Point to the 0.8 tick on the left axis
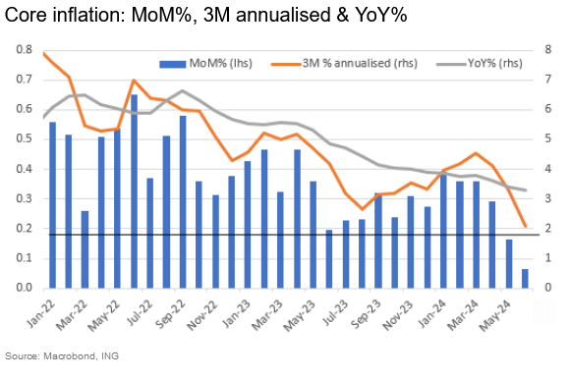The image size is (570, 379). [x=21, y=49]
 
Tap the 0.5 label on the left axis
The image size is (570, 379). [x=21, y=138]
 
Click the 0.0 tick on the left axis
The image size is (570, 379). [x=21, y=289]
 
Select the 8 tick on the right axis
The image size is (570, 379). [x=552, y=49]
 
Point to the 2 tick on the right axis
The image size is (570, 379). [x=552, y=229]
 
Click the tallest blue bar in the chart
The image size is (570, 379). [x=134, y=191]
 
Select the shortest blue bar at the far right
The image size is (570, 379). [x=525, y=279]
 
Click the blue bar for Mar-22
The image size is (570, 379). [x=85, y=249]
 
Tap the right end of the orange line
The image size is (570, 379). [x=525, y=226]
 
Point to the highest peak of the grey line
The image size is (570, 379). [x=182, y=91]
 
